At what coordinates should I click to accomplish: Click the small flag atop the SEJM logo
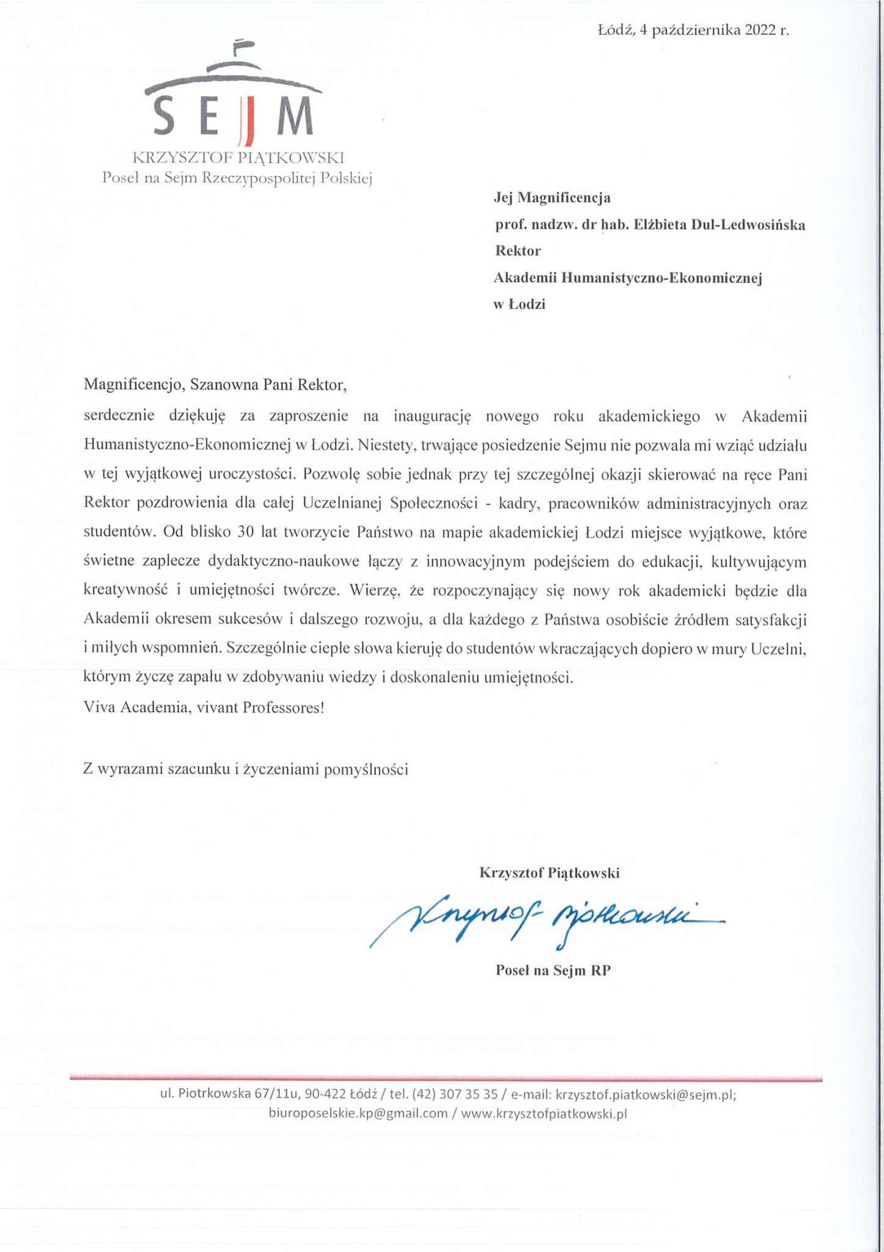243,45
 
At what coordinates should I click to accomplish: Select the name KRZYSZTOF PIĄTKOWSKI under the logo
238,158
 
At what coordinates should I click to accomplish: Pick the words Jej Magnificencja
552,198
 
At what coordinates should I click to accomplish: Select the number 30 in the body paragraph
246,532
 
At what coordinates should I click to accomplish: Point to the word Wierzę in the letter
374,591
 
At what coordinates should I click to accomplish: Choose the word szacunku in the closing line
199,769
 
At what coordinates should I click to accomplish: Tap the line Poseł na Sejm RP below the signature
553,970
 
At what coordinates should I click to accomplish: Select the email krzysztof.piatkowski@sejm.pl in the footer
646,1095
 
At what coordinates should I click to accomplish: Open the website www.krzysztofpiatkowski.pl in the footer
544,1113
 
